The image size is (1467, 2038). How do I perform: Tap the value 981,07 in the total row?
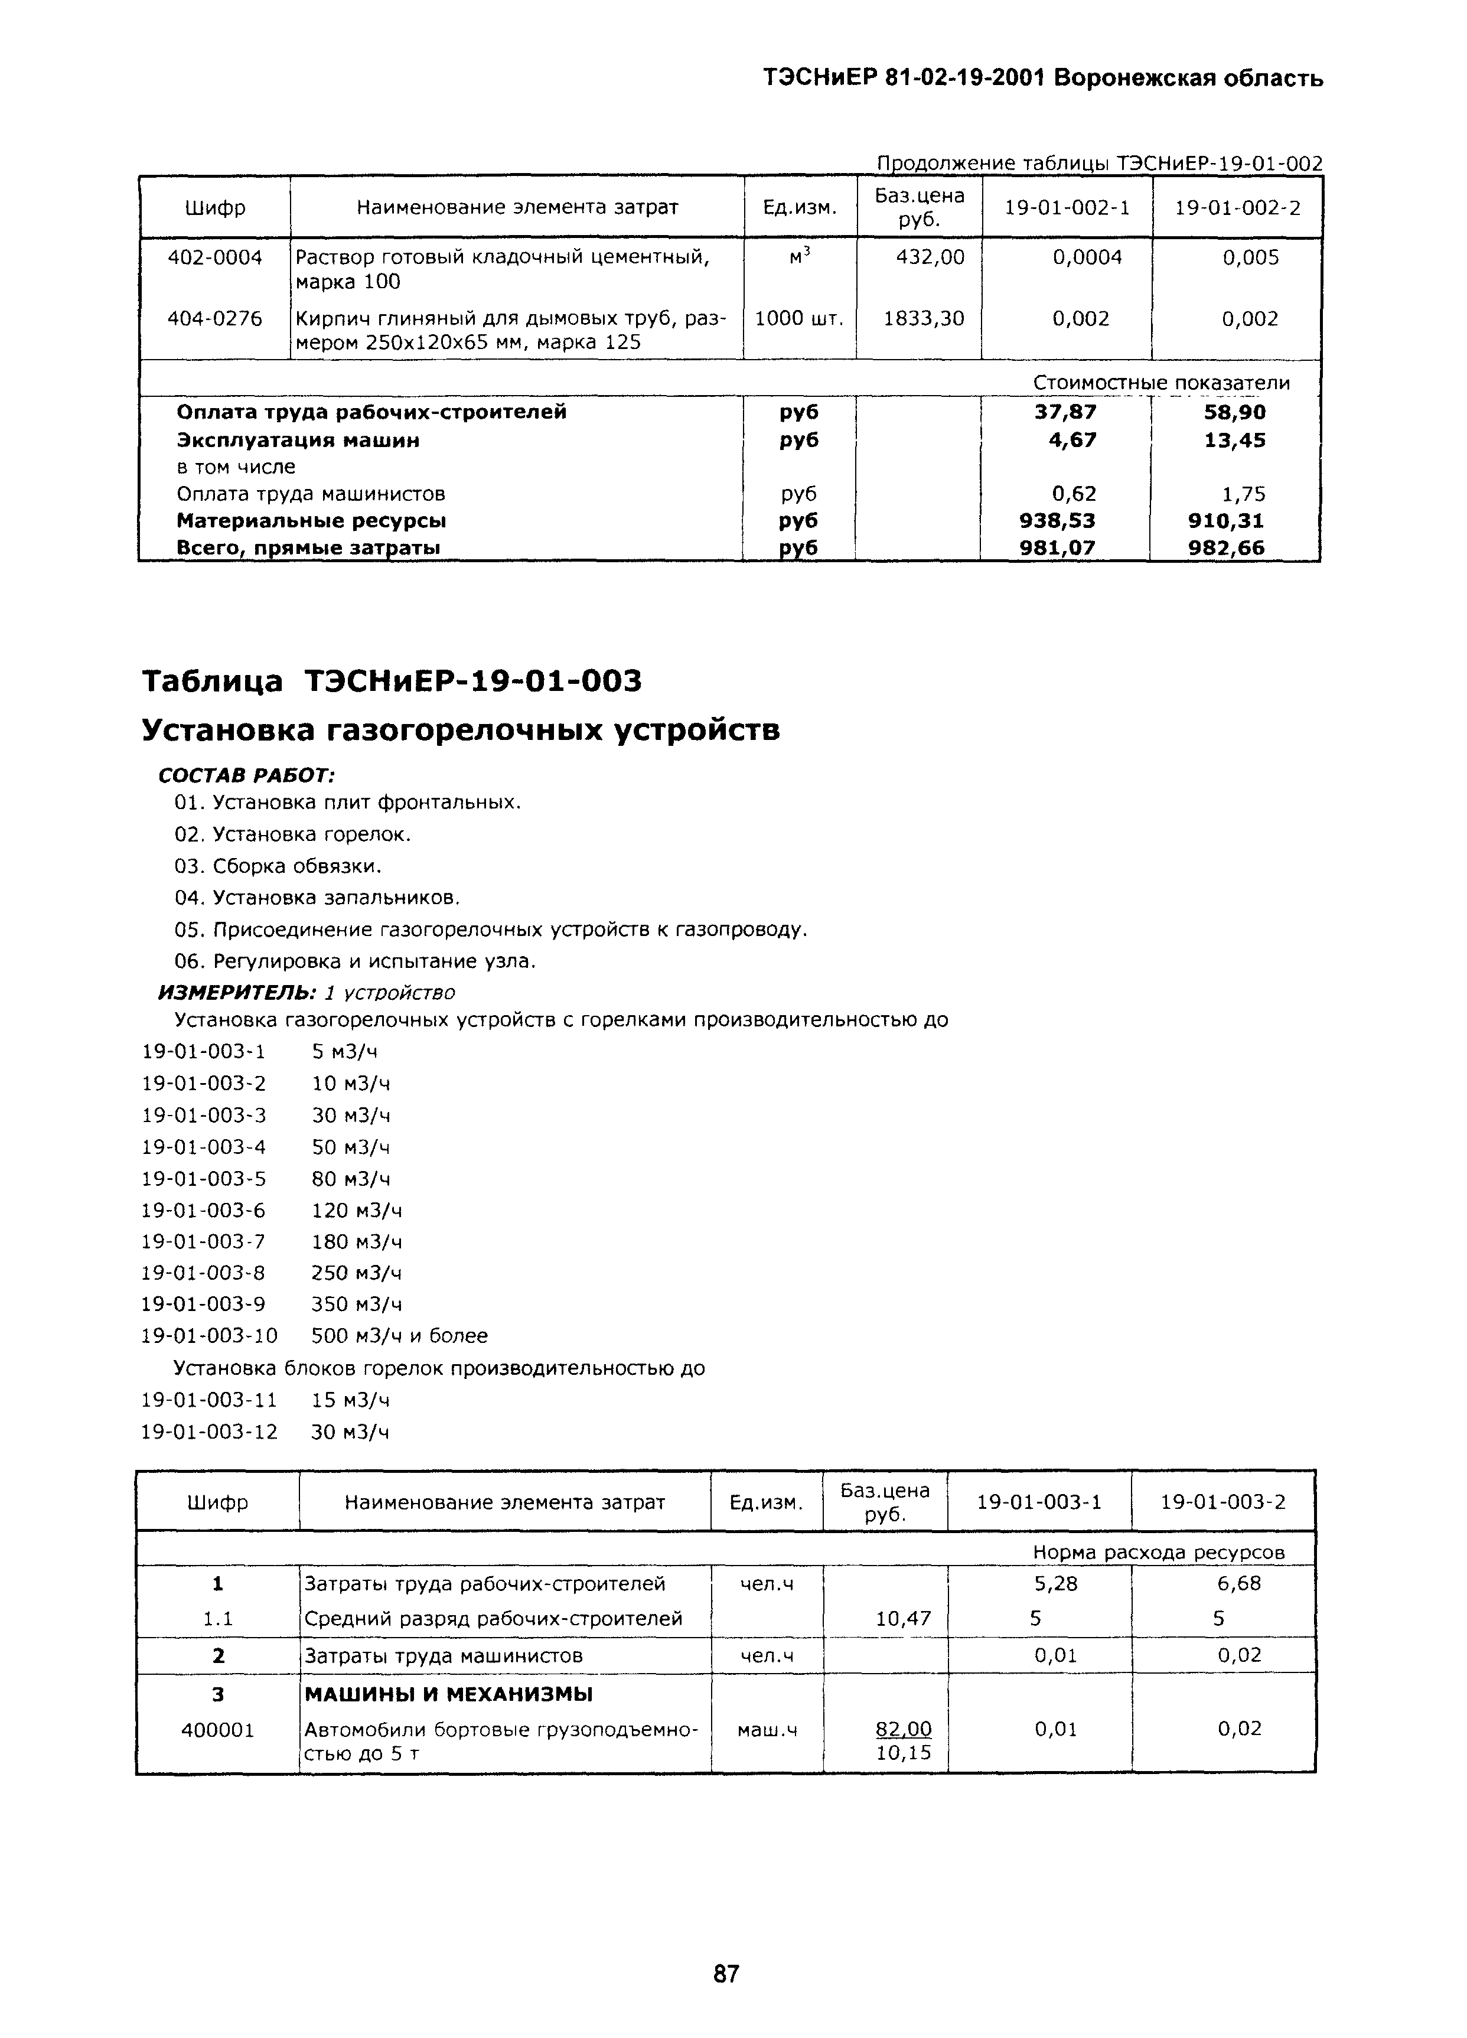tap(1057, 547)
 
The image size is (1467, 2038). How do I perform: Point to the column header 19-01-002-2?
tap(1237, 207)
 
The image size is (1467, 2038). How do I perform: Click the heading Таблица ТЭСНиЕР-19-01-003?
tap(392, 681)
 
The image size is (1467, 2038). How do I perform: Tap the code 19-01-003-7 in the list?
tap(204, 1241)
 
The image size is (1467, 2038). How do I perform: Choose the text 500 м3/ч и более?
tap(399, 1335)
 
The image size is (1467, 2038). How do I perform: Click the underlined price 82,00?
tap(904, 1729)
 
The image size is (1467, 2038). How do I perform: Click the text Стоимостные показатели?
tap(1160, 383)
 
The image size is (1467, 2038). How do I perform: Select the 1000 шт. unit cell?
tap(799, 318)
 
